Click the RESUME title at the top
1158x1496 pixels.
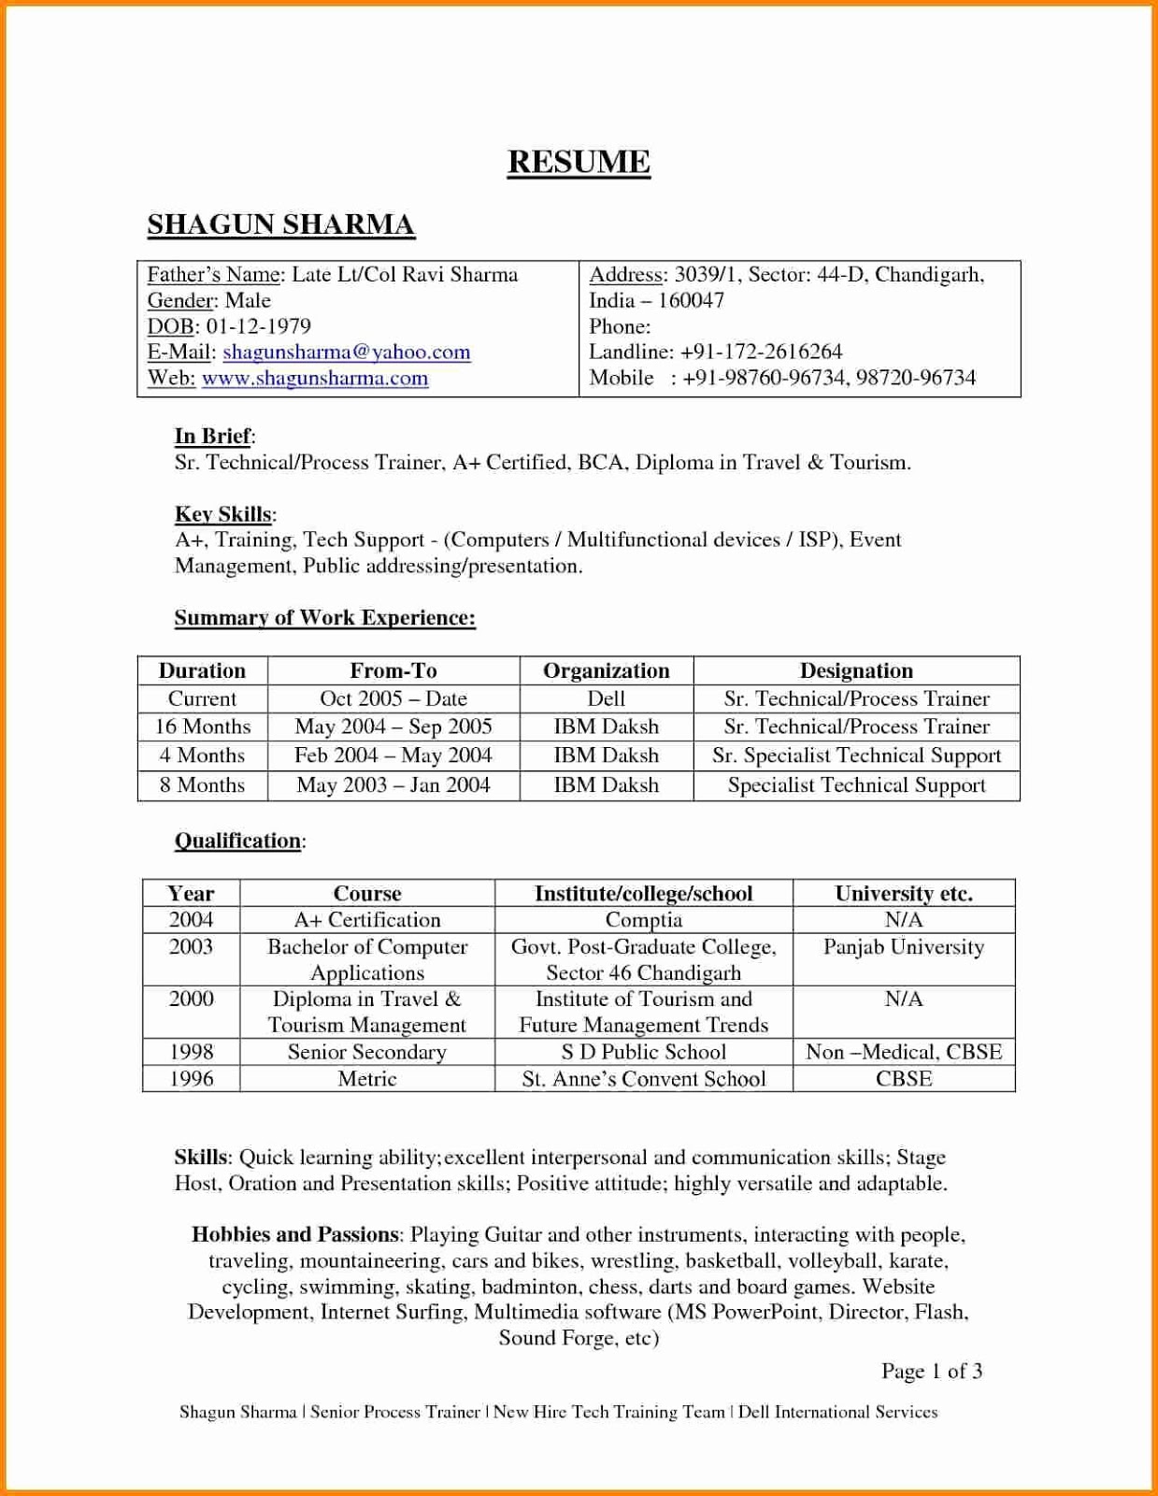579,162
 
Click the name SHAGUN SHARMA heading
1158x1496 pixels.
280,224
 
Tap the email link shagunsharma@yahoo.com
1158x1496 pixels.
346,352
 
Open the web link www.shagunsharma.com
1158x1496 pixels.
315,379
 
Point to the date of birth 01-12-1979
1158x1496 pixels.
258,326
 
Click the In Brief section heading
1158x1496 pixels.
213,436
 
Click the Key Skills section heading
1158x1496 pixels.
223,514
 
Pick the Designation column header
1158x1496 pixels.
856,670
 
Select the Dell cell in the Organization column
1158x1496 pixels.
606,698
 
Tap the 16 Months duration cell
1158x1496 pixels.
203,726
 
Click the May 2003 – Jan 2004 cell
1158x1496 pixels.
393,785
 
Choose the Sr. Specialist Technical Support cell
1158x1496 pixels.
856,755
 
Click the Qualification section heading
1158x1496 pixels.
238,841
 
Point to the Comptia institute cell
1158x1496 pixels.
643,920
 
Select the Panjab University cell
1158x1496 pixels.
903,947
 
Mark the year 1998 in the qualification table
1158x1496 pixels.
191,1052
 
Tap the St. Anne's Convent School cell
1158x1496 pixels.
643,1079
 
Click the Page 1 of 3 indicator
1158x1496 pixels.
931,1372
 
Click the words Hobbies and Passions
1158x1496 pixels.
295,1234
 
